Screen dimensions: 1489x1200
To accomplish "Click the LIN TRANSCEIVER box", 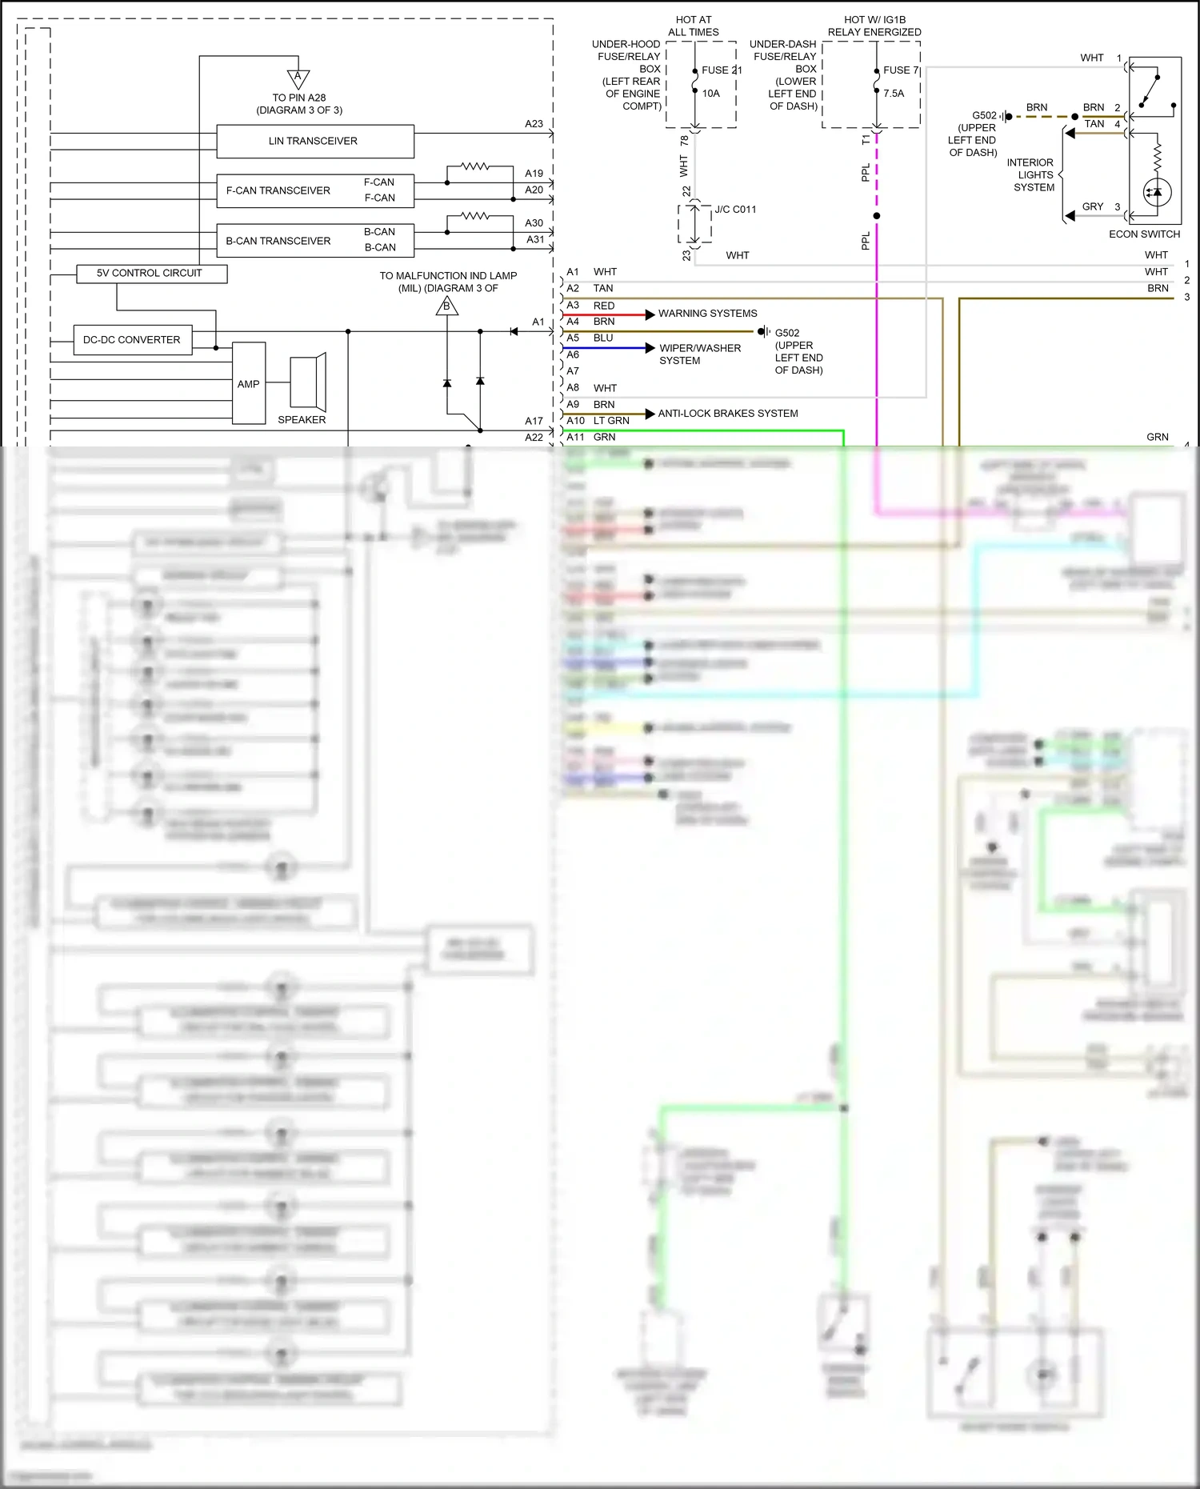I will [x=314, y=142].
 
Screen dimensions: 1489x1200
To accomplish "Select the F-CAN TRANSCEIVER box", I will [x=278, y=190].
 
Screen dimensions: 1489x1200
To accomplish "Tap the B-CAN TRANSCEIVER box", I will [x=278, y=241].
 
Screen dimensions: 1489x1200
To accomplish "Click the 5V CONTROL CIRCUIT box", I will [x=150, y=274].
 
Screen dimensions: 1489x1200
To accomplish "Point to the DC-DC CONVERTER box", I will [x=132, y=340].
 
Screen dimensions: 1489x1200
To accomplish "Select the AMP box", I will [x=249, y=384].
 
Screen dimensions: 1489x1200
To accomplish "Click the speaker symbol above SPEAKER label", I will [x=308, y=382].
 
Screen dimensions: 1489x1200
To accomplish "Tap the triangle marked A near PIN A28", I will [x=298, y=78].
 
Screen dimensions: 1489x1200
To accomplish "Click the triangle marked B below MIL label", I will [x=447, y=306].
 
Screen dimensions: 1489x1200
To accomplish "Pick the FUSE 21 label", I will [x=721, y=70].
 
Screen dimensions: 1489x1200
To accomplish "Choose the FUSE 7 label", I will [x=901, y=70].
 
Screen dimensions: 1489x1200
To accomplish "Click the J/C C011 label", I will [x=735, y=210].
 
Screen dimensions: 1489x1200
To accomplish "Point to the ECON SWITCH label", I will [x=1144, y=234].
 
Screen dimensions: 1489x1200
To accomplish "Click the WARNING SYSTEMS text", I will [x=707, y=314].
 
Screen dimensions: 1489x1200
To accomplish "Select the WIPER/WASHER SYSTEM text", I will [x=699, y=354].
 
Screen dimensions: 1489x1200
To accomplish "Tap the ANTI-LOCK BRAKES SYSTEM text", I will [x=727, y=414].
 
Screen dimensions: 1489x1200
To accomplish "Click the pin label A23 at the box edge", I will [x=534, y=124].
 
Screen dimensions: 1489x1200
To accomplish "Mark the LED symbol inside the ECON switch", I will [x=1157, y=192].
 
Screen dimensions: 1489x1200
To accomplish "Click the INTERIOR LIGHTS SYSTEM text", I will [x=1033, y=175].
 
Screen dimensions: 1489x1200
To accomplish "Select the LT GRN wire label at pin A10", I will [x=611, y=421].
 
